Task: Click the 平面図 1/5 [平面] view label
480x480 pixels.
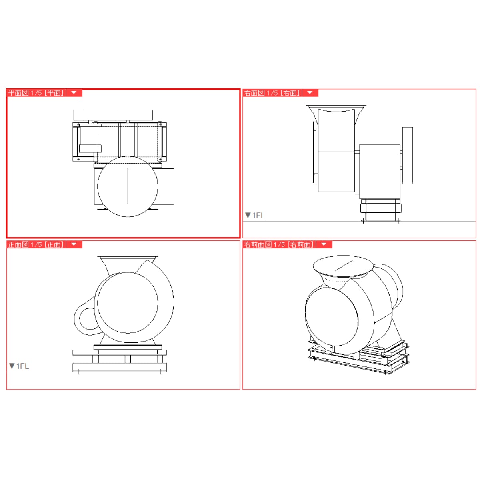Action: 36,93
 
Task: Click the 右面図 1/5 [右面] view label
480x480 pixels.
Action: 272,93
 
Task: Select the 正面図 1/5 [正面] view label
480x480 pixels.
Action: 36,244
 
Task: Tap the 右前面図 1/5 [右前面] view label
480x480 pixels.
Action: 279,244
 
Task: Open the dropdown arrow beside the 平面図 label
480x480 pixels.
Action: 74,93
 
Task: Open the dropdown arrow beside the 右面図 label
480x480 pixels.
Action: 310,93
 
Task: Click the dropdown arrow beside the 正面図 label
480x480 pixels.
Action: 74,244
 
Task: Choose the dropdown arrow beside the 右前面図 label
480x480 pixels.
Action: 324,244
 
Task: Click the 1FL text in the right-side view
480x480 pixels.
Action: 258,216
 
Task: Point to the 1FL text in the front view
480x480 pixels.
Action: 22,366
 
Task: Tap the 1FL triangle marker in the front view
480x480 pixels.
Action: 12,366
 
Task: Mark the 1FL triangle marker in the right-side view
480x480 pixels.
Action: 248,215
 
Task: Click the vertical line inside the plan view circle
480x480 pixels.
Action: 128,186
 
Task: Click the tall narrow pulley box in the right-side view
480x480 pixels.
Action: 408,156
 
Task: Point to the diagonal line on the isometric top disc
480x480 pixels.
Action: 343,266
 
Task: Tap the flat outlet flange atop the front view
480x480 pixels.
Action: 128,256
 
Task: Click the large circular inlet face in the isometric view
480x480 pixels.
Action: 332,316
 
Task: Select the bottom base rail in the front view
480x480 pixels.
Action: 120,368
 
